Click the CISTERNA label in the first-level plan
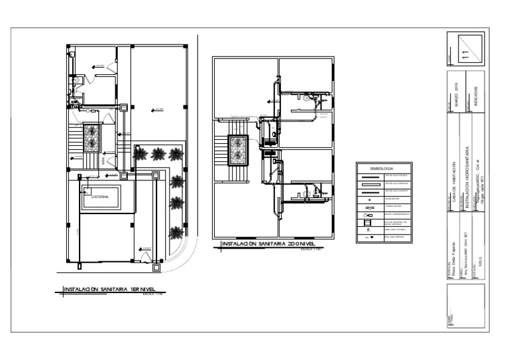point(100,197)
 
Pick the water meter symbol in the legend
point(368,206)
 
